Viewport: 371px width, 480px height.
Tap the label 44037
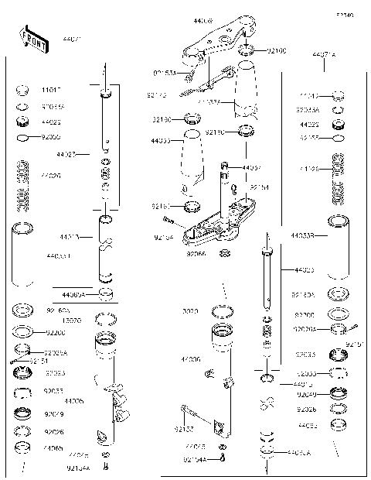tap(251, 168)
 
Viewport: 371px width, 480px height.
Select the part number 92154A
tap(196, 458)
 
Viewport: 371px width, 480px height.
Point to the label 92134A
tap(78, 468)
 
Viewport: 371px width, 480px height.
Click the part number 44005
tap(75, 401)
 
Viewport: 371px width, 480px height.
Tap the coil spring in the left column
tap(22, 183)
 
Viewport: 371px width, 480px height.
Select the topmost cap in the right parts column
tap(337, 97)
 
